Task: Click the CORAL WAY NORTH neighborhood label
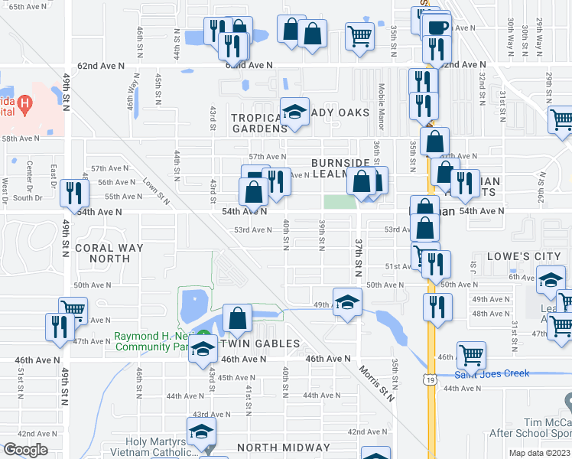pyautogui.click(x=109, y=253)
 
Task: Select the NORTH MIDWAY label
pyautogui.click(x=282, y=448)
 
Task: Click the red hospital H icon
pyautogui.click(x=25, y=103)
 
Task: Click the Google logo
pyautogui.click(x=25, y=450)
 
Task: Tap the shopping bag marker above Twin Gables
pyautogui.click(x=238, y=319)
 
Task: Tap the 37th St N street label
pyautogui.click(x=358, y=257)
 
